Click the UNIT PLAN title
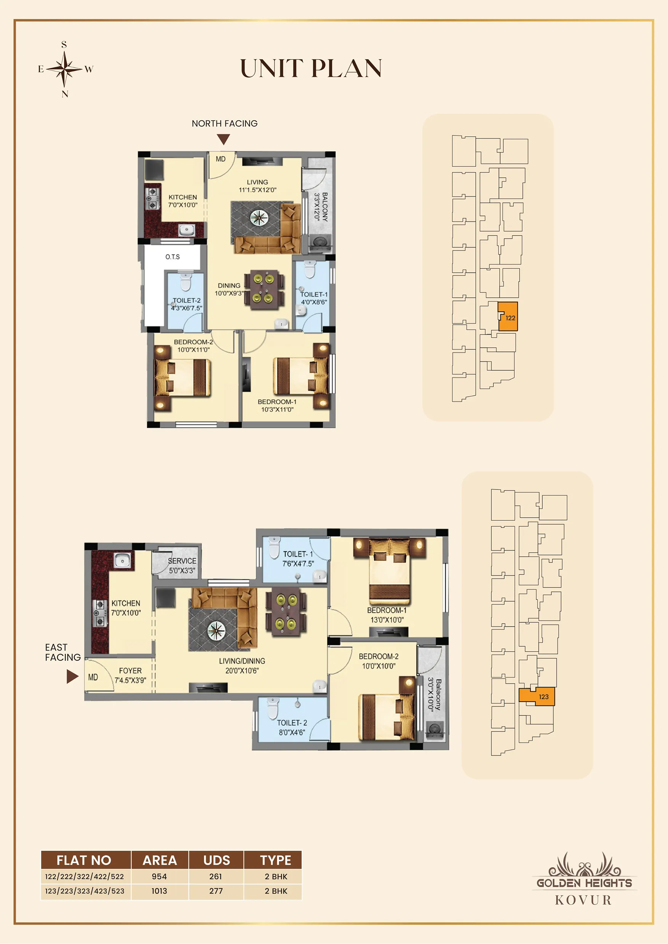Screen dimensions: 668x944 point(311,68)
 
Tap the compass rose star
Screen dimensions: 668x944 point(64,69)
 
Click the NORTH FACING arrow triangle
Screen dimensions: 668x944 point(223,140)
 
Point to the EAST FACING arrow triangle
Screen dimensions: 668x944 point(72,676)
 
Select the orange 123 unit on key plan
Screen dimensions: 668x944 point(537,697)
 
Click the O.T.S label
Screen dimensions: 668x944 point(173,257)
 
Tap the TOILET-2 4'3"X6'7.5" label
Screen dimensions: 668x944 point(187,304)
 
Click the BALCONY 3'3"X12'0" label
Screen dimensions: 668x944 point(321,207)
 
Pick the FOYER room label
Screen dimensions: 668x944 point(130,671)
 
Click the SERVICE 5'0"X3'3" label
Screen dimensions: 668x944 point(182,566)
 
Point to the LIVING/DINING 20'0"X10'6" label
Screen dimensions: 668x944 point(242,666)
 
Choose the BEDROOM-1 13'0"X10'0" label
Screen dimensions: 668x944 point(387,615)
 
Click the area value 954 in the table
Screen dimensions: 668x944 point(159,876)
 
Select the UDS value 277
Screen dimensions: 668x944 point(216,891)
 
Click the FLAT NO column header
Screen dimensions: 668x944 point(84,860)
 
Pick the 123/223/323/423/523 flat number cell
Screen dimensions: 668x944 point(85,891)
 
